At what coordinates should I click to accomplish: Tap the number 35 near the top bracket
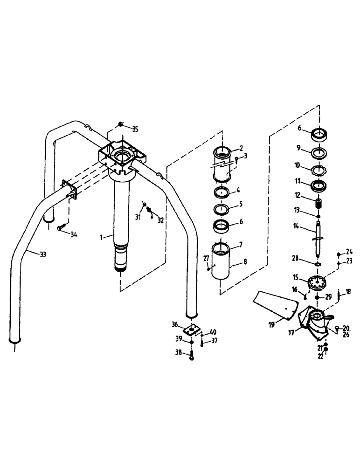pos(135,129)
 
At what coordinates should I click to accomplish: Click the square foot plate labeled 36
pos(190,329)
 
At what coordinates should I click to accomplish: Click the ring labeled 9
pos(319,152)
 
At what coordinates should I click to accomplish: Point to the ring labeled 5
pos(223,207)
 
